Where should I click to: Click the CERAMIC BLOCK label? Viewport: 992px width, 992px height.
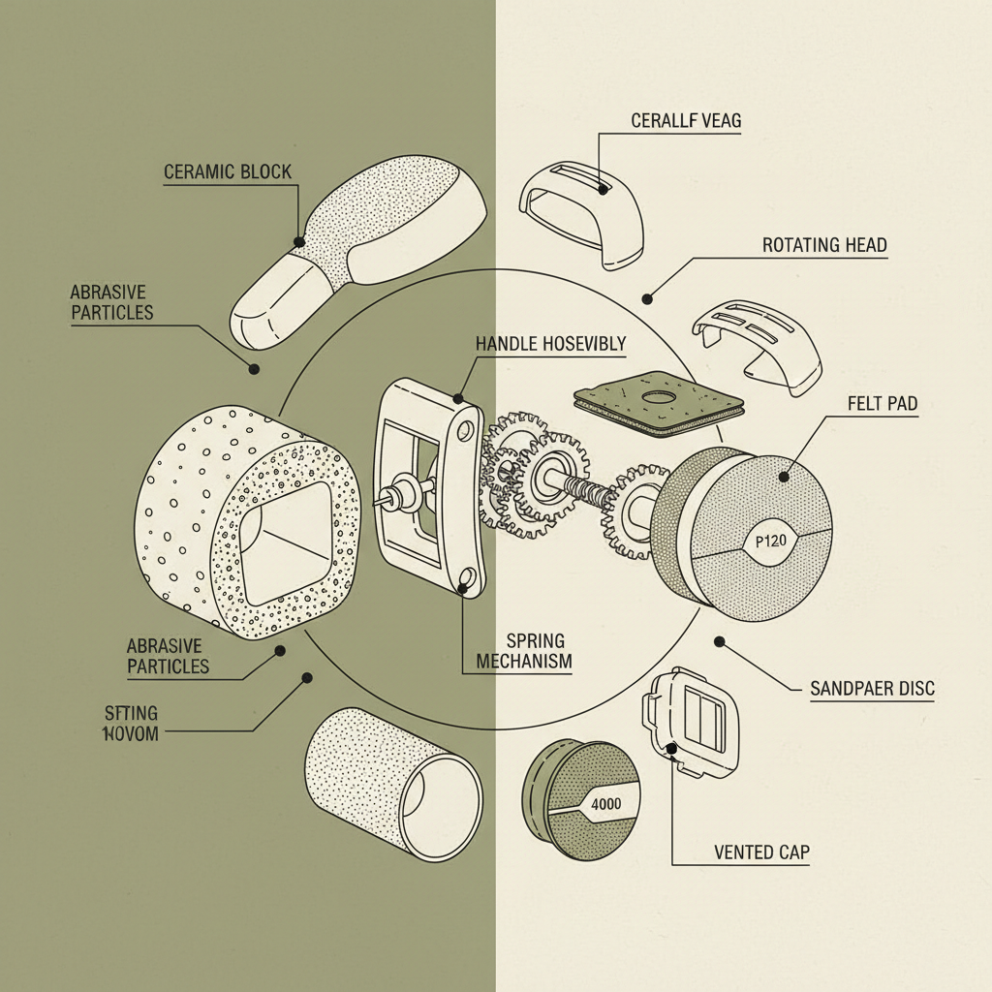click(x=227, y=172)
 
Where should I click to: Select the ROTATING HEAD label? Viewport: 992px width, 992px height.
click(x=824, y=245)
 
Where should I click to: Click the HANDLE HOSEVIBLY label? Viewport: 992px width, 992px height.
click(x=550, y=343)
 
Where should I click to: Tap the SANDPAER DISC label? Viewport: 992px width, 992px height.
click(x=871, y=689)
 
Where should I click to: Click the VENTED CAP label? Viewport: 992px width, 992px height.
click(x=760, y=852)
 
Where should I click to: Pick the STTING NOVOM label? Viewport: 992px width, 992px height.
click(x=130, y=723)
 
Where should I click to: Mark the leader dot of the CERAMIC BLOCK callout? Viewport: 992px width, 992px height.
click(x=298, y=242)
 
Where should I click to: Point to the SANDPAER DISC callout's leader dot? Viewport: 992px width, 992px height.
click(x=720, y=641)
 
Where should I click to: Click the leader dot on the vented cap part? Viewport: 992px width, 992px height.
click(x=671, y=747)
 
